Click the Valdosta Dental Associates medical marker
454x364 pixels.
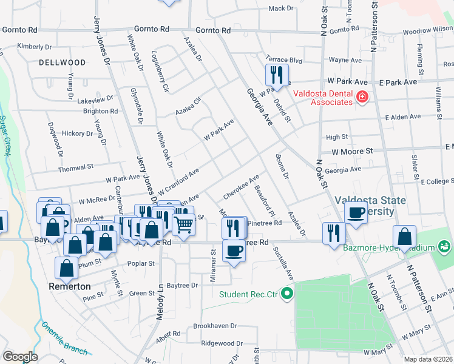click(362, 97)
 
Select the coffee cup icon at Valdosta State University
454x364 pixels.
click(356, 212)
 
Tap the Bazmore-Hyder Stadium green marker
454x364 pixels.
click(446, 247)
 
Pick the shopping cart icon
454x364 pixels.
click(183, 224)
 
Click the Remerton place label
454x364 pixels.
click(70, 286)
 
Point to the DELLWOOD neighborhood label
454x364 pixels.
click(63, 62)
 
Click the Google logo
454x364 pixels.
click(19, 357)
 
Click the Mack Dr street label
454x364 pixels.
click(280, 8)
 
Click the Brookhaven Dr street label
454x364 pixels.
click(215, 326)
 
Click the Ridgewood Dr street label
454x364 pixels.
click(222, 343)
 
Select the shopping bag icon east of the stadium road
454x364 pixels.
click(404, 237)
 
